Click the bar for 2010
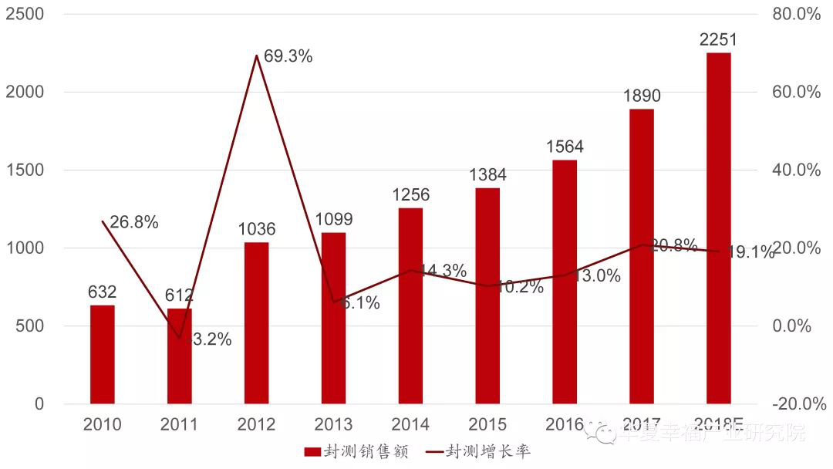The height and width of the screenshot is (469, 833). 102,354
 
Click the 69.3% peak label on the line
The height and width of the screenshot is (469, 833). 288,56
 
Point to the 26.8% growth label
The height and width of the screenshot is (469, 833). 134,223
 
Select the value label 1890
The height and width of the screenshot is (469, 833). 642,96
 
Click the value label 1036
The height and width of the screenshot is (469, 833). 256,229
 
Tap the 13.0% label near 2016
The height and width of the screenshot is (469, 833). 597,276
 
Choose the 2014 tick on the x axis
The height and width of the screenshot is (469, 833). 410,424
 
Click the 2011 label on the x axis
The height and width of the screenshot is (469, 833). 179,424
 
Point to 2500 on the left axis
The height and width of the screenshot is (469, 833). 25,14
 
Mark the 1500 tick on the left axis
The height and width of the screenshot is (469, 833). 25,170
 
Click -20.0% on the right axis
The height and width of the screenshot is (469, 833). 794,403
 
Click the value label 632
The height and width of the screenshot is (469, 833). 102,292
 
